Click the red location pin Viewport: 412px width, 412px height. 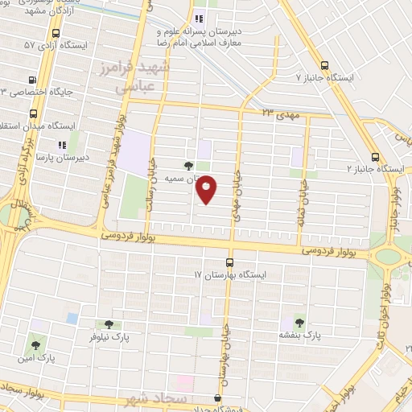click(207, 189)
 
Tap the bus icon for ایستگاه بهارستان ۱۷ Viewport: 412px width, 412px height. click(230, 262)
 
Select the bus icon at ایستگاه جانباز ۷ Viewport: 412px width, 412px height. click(324, 65)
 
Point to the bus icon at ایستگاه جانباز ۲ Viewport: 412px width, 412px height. click(375, 157)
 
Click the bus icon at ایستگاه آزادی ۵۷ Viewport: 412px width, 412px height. click(56, 34)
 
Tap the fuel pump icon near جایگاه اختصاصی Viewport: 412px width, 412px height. click(32, 80)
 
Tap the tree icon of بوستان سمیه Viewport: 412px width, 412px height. click(189, 166)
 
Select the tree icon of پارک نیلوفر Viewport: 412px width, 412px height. click(109, 325)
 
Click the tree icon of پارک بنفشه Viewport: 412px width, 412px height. click(300, 322)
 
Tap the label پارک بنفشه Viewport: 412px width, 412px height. click(300, 335)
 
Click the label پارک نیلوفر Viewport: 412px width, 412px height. click(109, 338)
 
